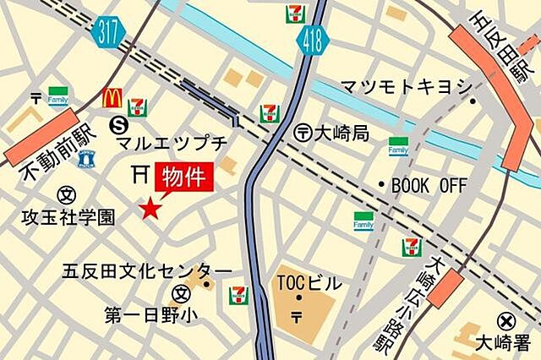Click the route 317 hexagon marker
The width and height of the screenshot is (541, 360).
111,31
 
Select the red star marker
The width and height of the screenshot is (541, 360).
150,208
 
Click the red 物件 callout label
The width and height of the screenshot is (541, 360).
183,178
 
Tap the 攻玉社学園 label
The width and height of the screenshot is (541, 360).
68,218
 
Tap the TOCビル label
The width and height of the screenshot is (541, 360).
309,283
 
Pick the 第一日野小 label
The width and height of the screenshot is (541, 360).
151,315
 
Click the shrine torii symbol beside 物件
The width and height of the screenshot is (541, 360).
140,174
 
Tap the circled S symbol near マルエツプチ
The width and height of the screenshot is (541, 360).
118,125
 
